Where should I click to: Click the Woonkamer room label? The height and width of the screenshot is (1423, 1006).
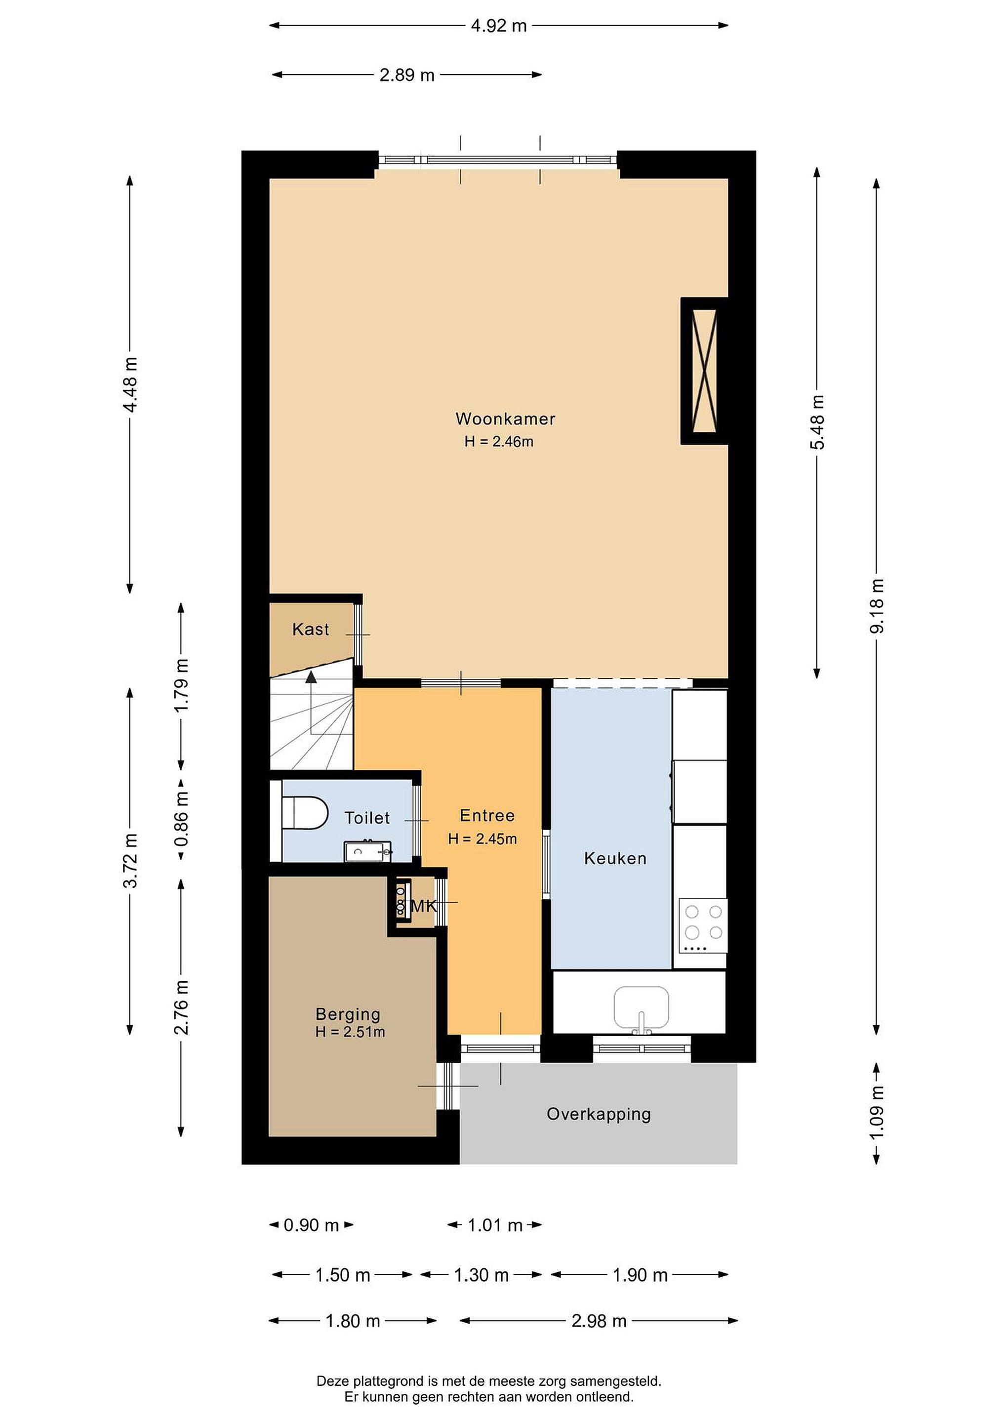coord(506,419)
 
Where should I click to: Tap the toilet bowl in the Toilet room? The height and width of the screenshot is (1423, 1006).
coord(305,813)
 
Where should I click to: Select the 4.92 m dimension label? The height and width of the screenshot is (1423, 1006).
coord(499,25)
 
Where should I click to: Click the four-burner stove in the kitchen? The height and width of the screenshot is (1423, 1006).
coord(703,926)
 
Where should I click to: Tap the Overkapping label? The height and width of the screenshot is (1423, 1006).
coord(599,1114)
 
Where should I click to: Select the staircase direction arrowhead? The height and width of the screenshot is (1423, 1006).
coord(311,677)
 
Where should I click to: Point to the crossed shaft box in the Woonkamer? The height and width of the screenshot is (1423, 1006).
coord(704,371)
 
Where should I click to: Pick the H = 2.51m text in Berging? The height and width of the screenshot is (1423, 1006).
coord(350,1032)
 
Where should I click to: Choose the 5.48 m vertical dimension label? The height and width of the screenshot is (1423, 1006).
coord(818,422)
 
